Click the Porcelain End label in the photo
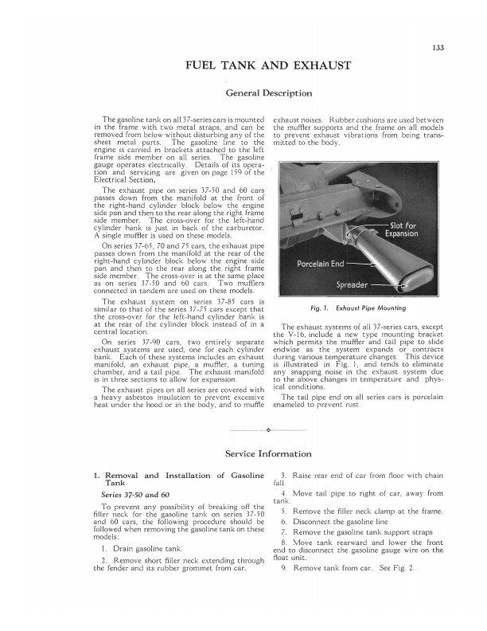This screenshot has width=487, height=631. tap(320, 264)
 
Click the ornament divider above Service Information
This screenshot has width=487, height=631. tap(268, 430)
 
